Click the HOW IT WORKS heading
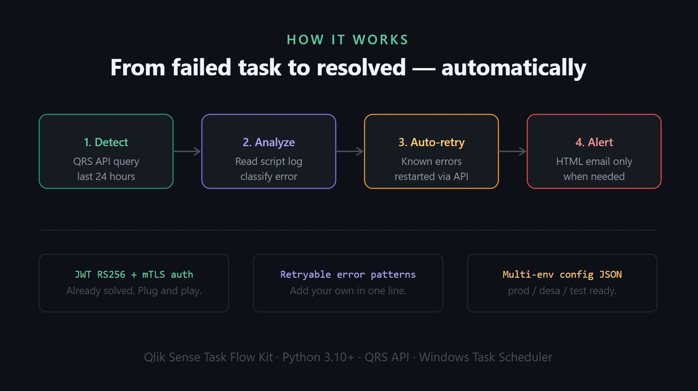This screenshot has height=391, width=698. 348,40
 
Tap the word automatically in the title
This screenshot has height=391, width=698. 513,67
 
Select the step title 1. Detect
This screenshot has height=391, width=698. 106,142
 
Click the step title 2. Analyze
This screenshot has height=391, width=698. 268,142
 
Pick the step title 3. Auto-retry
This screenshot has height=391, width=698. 431,142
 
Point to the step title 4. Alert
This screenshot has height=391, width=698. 594,142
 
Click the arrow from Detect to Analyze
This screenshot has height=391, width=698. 187,151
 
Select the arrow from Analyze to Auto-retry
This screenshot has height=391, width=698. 350,151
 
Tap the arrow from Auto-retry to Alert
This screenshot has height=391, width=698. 512,151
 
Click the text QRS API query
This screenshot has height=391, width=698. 106,162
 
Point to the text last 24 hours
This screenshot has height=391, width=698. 106,176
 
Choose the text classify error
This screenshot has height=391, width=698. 268,176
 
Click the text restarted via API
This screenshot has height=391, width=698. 431,176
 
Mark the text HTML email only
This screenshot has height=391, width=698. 594,162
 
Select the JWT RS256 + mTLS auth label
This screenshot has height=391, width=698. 134,275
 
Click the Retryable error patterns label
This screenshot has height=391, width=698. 348,275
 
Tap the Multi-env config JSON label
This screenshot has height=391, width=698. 562,275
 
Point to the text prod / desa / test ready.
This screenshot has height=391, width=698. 562,291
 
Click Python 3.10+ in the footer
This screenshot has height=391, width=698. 318,357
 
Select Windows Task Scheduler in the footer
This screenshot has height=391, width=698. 485,357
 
